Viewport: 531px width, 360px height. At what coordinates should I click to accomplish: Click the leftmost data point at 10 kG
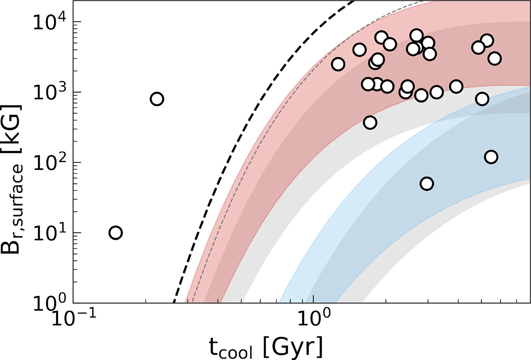(115, 232)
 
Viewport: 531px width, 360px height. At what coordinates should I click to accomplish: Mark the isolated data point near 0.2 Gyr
(157, 99)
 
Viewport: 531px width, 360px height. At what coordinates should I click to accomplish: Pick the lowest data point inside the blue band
(427, 184)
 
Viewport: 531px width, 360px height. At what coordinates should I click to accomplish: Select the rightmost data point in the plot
(495, 58)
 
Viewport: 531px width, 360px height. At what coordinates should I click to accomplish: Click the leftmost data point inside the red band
(338, 64)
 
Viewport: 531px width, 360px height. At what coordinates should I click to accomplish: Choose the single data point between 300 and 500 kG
(370, 122)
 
